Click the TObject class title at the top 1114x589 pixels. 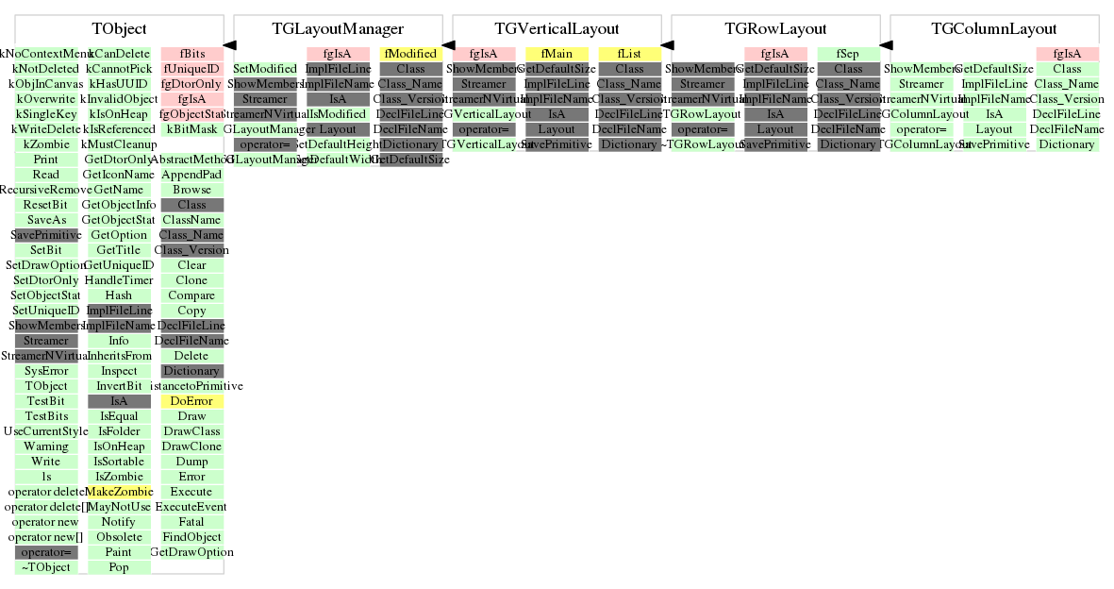pos(119,29)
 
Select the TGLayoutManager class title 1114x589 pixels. pos(338,29)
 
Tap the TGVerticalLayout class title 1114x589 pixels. pos(557,29)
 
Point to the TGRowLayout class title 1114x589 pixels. pos(775,29)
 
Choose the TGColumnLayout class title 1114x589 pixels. pos(994,29)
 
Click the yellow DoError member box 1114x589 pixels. pos(191,401)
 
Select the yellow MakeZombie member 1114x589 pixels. pos(119,492)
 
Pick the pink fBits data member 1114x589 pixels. pos(191,54)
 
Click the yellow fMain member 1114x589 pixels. pos(557,54)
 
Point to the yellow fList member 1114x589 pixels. pos(629,54)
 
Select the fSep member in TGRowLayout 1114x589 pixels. pos(848,54)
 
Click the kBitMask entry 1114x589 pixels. pos(191,129)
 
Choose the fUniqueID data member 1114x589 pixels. pos(191,69)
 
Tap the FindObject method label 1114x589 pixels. pos(191,537)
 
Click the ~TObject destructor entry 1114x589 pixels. pos(46,567)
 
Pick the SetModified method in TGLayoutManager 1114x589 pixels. pos(265,69)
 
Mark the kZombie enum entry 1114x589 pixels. pos(46,144)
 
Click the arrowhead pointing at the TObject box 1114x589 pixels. pos(229,44)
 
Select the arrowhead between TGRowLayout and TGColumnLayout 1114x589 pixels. pos(886,44)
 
